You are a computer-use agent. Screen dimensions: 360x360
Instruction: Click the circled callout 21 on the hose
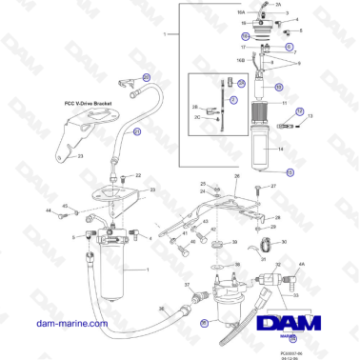136,132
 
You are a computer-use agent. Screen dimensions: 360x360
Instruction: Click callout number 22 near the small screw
138,176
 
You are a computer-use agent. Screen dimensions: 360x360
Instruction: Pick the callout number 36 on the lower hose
161,308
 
